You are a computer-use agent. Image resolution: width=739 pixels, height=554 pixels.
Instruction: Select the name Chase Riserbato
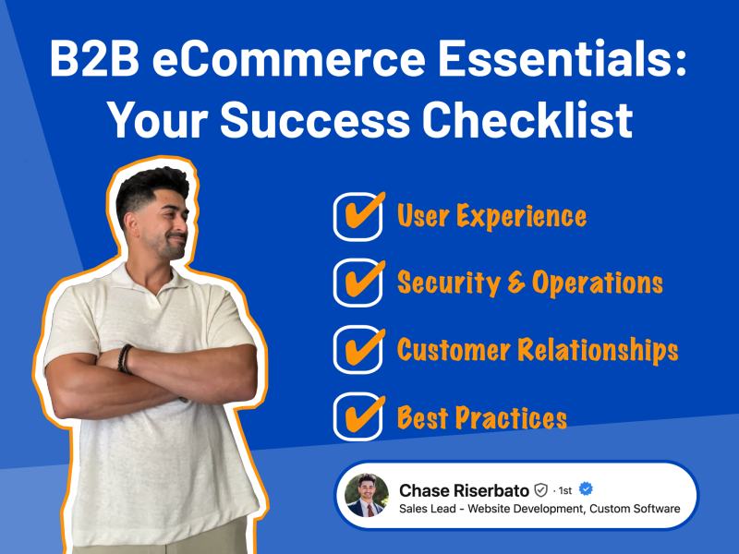click(x=464, y=489)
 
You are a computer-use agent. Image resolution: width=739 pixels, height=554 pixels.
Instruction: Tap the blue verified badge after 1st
click(x=585, y=489)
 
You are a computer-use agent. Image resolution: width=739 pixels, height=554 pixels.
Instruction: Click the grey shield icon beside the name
click(x=541, y=490)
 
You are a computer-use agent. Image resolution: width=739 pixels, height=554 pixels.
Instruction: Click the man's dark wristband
click(x=126, y=358)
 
